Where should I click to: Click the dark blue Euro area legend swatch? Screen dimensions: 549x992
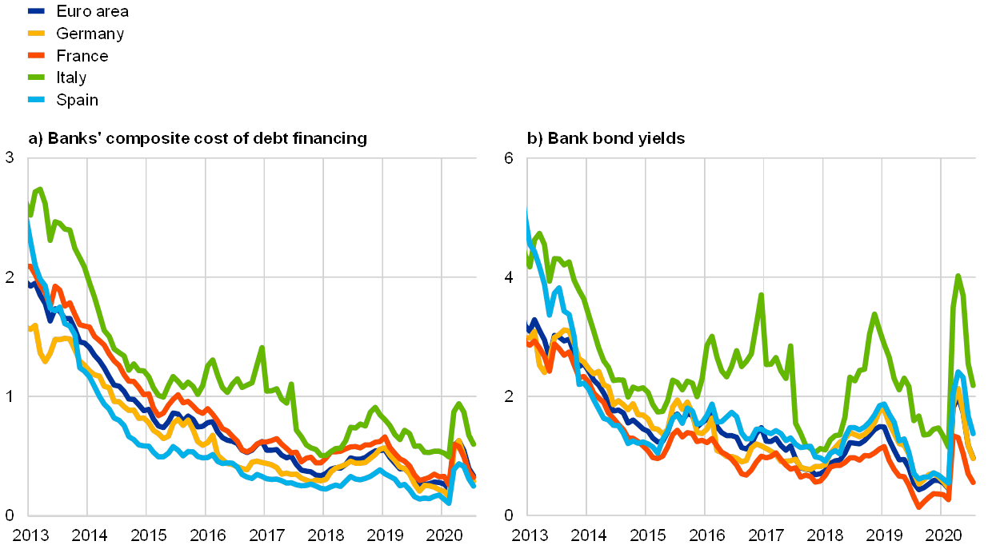(x=37, y=12)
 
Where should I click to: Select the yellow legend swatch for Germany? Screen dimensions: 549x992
(x=37, y=34)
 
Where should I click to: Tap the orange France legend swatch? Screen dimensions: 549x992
(x=37, y=56)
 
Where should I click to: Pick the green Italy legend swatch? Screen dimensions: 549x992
(x=37, y=78)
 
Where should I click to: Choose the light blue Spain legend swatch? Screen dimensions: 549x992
(x=37, y=100)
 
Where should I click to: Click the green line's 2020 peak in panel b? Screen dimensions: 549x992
(x=958, y=276)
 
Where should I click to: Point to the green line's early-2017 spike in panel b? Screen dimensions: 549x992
(x=761, y=295)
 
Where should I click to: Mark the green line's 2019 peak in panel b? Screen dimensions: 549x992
(x=874, y=314)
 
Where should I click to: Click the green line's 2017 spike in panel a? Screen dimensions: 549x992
(x=262, y=347)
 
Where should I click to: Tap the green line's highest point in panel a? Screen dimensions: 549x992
(x=39, y=189)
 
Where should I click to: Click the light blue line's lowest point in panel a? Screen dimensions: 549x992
(x=449, y=503)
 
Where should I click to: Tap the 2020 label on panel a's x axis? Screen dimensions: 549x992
(x=441, y=533)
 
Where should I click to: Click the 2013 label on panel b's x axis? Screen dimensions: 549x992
(x=528, y=533)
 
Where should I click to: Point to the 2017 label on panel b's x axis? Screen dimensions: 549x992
(x=764, y=533)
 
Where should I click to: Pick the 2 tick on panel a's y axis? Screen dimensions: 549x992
(x=10, y=277)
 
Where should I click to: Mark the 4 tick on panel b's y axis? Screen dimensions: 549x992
(x=508, y=277)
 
